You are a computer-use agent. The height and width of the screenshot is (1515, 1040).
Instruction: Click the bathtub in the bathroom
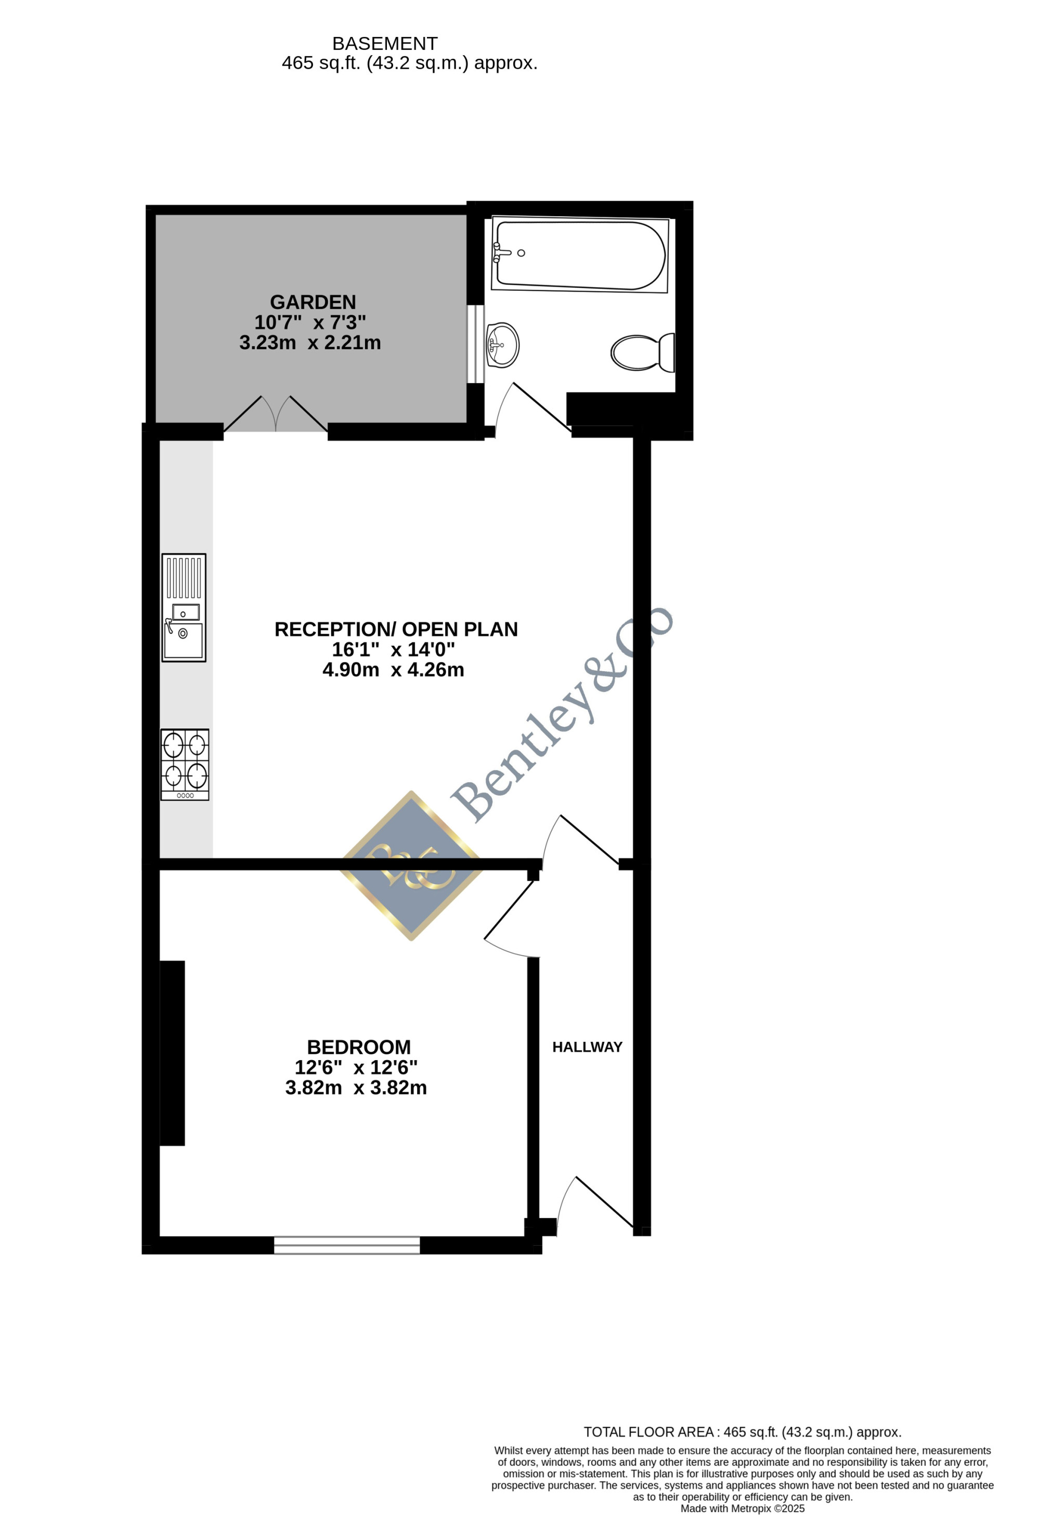(x=580, y=254)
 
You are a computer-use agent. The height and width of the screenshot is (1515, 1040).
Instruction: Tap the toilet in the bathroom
(x=643, y=352)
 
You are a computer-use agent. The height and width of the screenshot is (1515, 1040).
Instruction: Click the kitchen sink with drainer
(x=184, y=608)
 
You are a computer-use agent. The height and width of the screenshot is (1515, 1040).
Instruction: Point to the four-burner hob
(x=185, y=765)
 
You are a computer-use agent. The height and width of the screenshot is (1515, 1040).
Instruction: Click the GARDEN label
(x=313, y=303)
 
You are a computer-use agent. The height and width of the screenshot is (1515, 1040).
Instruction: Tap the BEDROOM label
(x=359, y=1048)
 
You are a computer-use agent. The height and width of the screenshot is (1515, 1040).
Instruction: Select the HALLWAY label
(x=588, y=1047)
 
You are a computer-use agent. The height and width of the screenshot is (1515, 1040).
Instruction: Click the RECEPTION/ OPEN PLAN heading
(x=396, y=629)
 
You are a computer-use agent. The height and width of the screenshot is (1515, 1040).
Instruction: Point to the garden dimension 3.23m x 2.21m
(x=310, y=343)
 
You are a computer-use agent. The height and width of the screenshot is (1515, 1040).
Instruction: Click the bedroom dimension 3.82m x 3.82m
(x=356, y=1088)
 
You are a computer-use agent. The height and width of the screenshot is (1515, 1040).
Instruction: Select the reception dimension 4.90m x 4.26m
(x=393, y=670)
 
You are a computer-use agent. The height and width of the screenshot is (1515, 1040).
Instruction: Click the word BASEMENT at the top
(x=385, y=44)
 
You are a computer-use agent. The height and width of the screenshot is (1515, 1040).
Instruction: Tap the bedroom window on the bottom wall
(x=347, y=1245)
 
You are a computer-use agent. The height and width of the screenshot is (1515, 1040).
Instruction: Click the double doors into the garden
(x=276, y=414)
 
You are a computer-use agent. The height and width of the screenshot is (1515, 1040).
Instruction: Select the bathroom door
(x=534, y=409)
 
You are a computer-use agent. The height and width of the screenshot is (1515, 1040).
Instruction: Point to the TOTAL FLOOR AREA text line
(x=743, y=1432)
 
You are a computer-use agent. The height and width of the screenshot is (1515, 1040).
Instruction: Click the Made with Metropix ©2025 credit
(x=743, y=1508)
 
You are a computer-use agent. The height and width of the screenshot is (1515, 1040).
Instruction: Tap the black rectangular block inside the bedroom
(x=173, y=1053)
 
